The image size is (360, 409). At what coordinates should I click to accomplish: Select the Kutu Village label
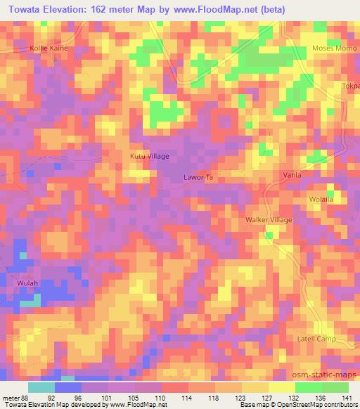150,156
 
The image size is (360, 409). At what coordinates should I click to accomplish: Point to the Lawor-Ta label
198,178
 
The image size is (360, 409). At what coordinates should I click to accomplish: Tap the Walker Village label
269,220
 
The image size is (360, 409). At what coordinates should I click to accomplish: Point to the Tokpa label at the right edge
351,89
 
